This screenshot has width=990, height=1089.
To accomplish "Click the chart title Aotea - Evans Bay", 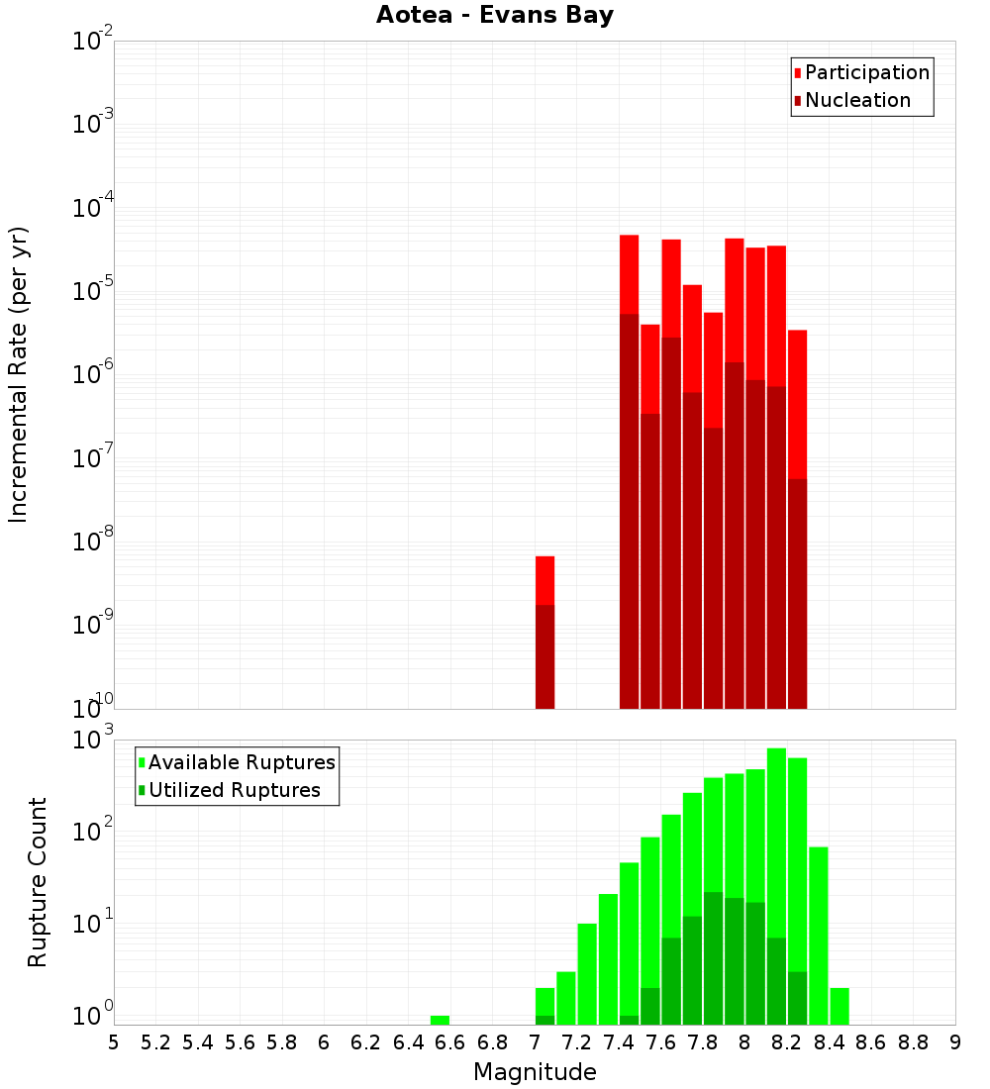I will [x=495, y=15].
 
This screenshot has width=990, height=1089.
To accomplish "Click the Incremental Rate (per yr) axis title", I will [x=19, y=374].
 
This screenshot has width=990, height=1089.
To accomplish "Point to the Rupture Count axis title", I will [x=38, y=881].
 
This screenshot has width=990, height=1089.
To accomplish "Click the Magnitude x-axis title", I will [x=535, y=1071].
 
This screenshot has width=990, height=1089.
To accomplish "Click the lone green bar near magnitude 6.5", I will [x=440, y=1020].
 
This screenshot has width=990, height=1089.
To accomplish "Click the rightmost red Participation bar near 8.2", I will [x=797, y=406].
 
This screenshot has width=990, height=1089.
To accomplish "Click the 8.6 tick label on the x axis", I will [x=871, y=1041].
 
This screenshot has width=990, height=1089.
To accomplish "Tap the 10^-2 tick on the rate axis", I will [x=93, y=42].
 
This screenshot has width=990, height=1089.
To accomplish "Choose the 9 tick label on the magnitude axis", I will [x=955, y=1041].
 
